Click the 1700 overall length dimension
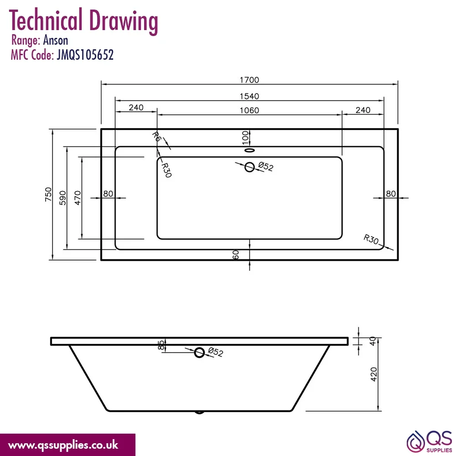point(249,80)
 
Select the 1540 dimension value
point(249,96)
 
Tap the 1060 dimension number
point(249,110)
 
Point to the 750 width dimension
point(48,194)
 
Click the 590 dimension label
point(62,198)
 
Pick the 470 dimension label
point(78,198)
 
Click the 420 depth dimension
point(374,374)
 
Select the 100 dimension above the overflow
point(245,137)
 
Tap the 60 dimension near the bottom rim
point(236,255)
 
